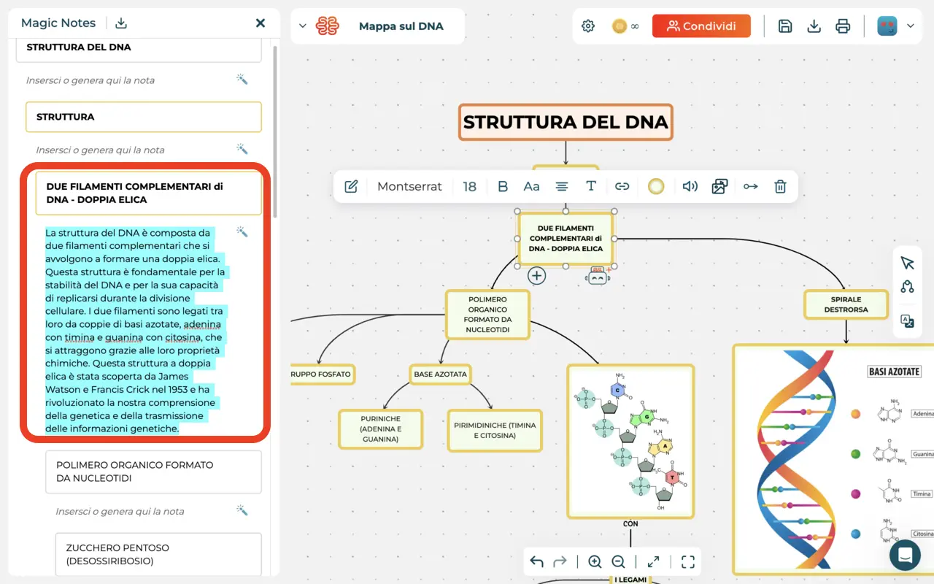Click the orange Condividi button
point(701,26)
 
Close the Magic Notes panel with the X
point(260,23)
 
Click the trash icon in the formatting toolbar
point(780,186)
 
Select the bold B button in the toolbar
point(502,186)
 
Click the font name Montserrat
point(409,186)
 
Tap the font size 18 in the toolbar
point(469,186)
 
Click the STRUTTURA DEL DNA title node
point(566,123)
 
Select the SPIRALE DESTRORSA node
point(846,304)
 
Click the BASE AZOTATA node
point(439,374)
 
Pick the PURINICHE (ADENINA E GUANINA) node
point(380,429)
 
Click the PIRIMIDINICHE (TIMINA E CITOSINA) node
point(495,431)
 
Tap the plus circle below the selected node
point(536,275)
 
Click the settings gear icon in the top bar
point(588,26)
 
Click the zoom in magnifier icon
point(595,561)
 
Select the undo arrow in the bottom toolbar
point(537,561)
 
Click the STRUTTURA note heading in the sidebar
point(143,117)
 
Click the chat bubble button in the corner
point(905,556)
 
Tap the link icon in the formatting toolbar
point(622,186)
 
